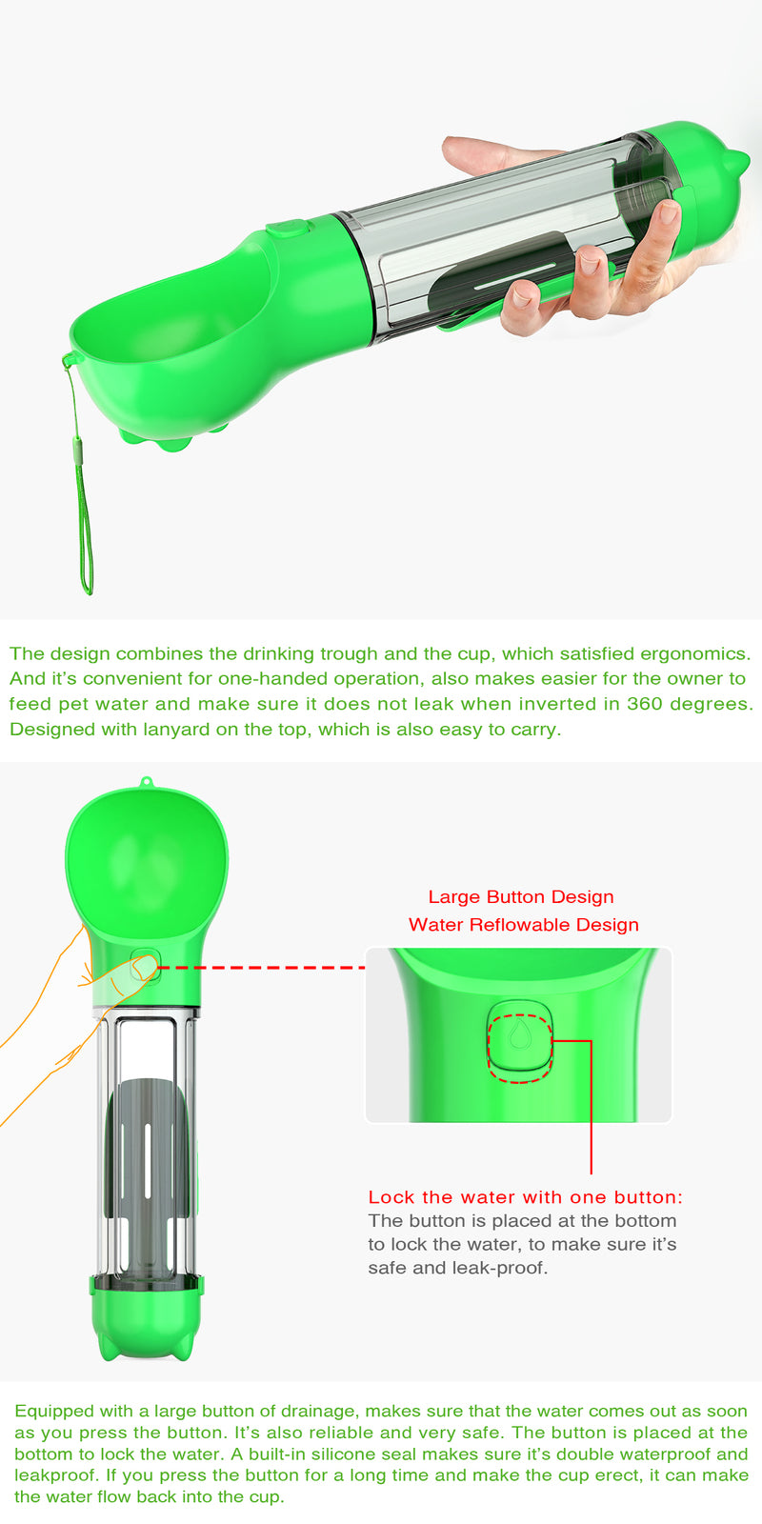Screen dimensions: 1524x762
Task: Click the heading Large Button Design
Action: [x=521, y=896]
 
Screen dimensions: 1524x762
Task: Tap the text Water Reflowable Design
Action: [x=523, y=924]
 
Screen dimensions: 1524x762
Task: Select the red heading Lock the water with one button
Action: [x=525, y=1197]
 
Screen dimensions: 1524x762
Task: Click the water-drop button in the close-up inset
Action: [x=519, y=1039]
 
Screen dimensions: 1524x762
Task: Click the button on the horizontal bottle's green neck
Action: [x=288, y=229]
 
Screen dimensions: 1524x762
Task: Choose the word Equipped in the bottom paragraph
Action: [x=53, y=1411]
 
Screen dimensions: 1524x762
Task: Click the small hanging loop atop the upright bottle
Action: [x=146, y=783]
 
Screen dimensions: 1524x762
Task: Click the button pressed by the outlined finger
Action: [x=146, y=966]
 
